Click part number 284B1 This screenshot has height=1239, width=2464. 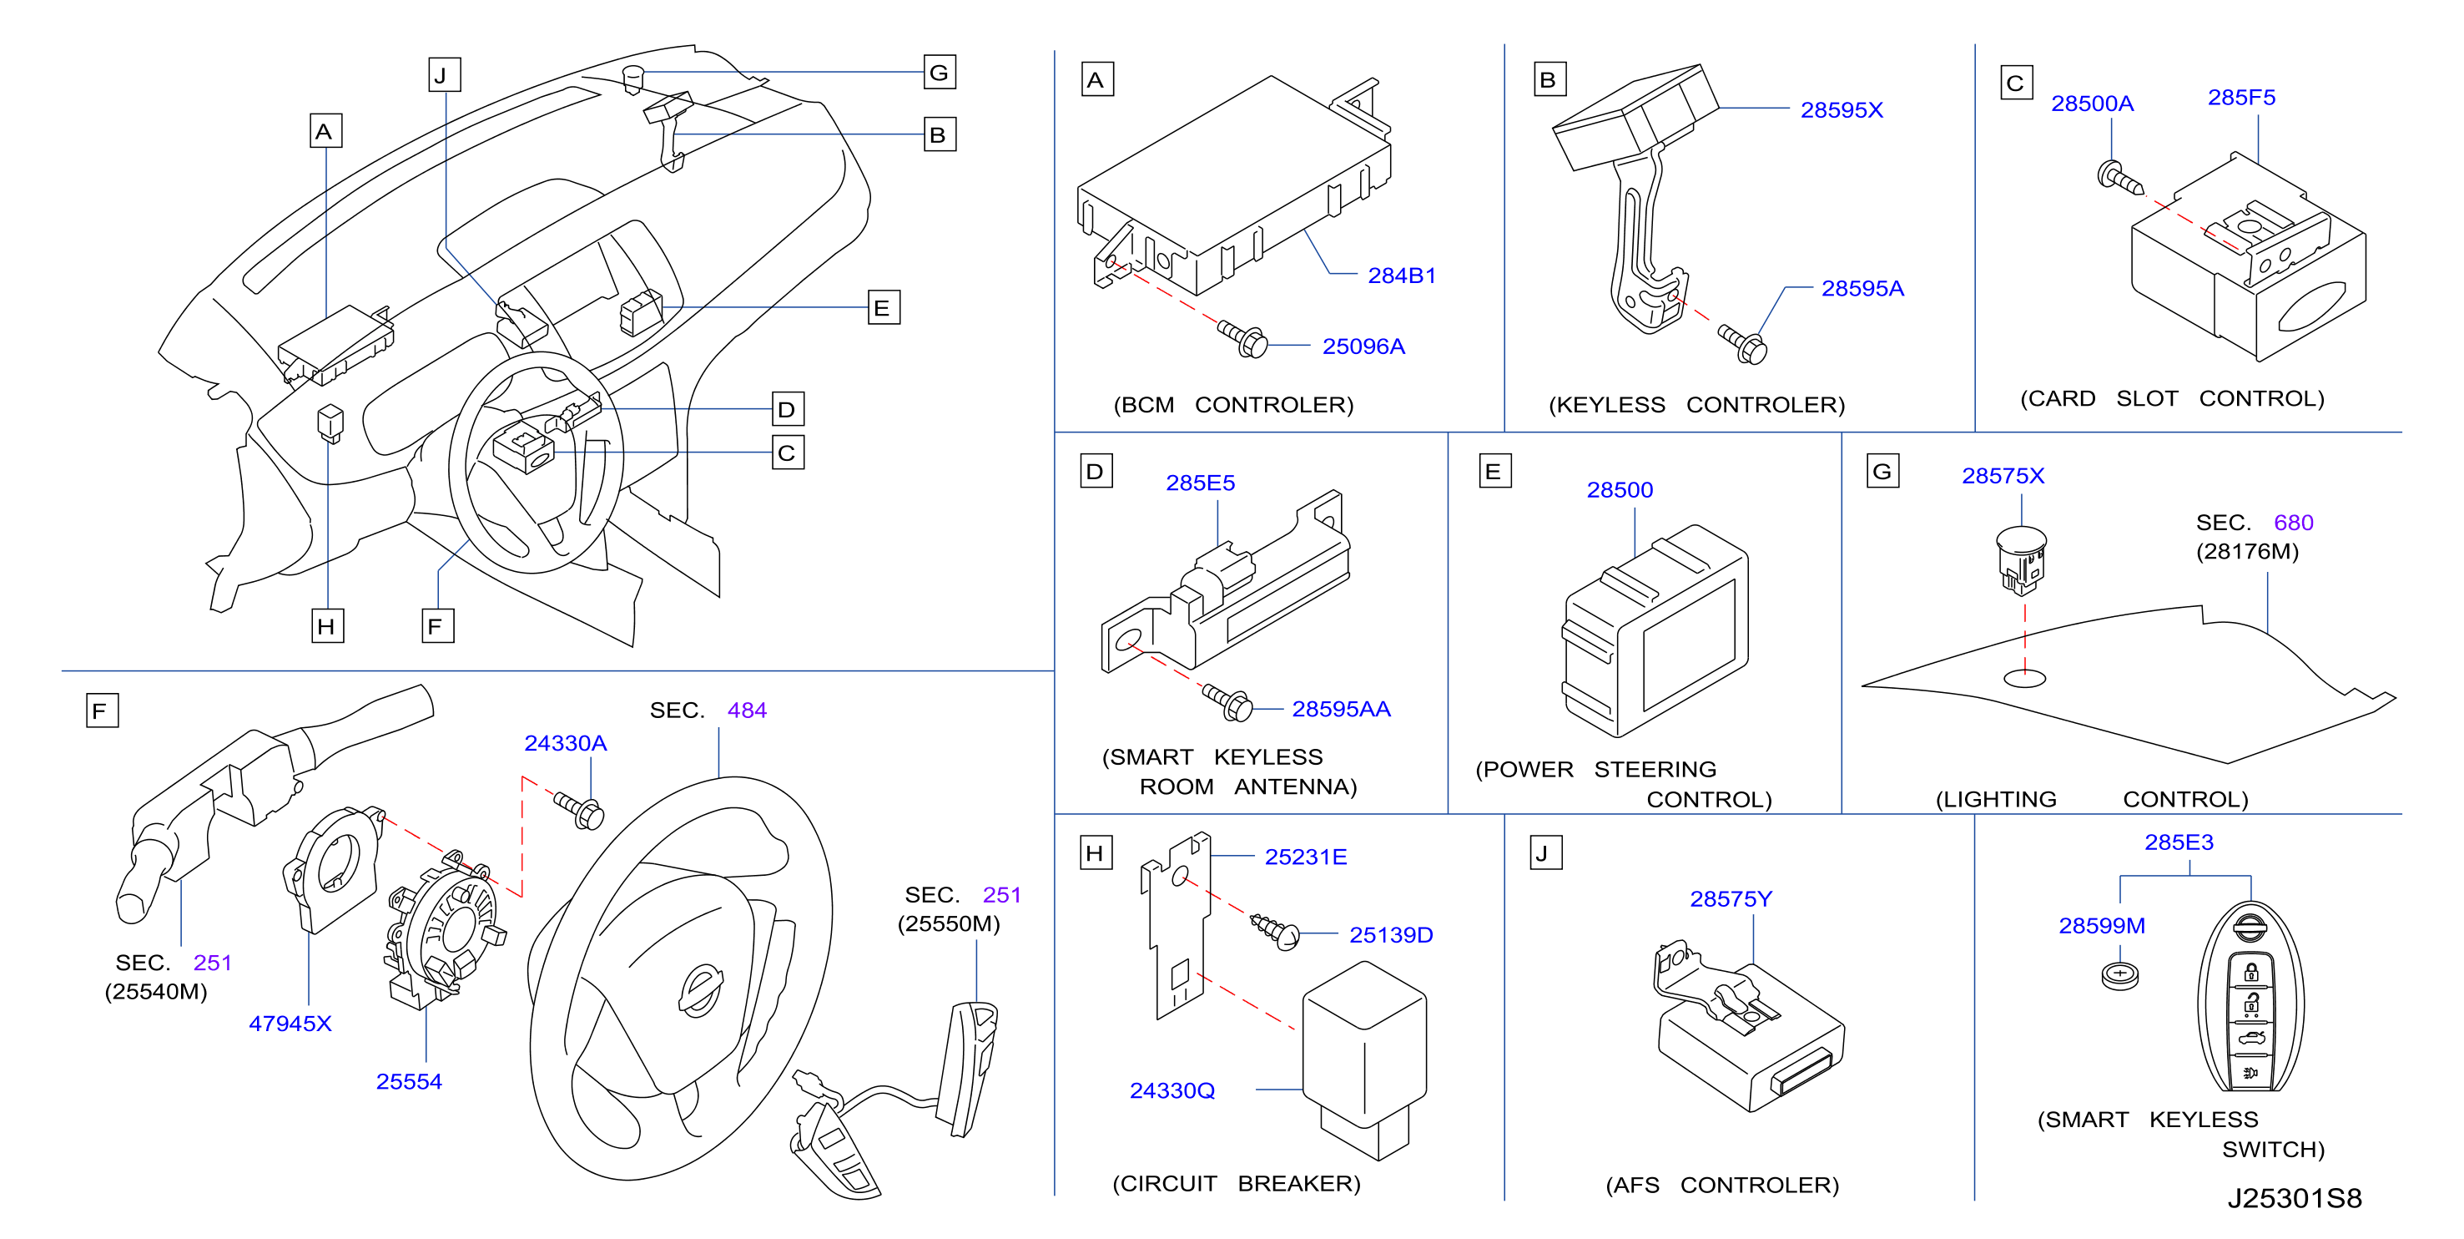(1401, 276)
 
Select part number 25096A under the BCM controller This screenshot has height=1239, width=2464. (1363, 346)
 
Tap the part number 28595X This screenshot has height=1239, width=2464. (1842, 110)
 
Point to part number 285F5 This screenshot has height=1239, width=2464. (2241, 98)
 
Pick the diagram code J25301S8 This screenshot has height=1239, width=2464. (2294, 1198)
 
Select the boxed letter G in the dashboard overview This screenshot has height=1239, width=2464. (940, 73)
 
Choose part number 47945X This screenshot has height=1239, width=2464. (290, 1024)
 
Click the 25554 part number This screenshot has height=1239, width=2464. (408, 1082)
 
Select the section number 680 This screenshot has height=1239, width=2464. (2293, 523)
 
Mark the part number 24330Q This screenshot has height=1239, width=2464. (1172, 1090)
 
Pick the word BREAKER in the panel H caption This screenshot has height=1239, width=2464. (1298, 1184)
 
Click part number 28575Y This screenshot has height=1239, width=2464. (1731, 899)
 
